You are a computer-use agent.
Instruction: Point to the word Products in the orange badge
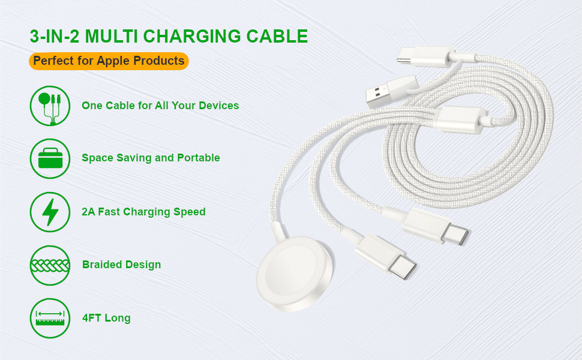coord(161,61)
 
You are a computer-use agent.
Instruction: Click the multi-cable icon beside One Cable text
coord(50,106)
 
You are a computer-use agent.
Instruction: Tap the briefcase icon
coord(50,158)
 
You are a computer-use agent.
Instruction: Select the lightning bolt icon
coord(50,212)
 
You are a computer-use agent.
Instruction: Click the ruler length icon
coord(50,318)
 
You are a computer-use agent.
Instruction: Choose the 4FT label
coord(92,318)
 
